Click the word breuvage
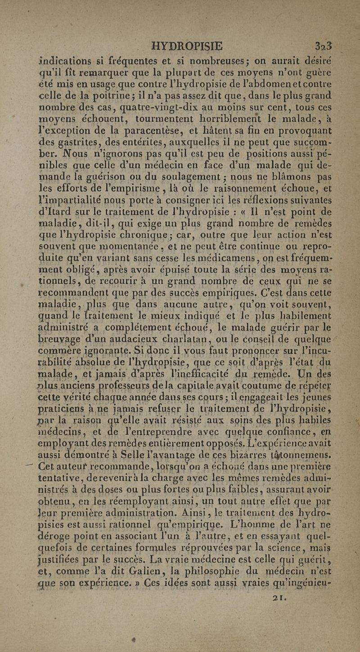[x=59, y=327]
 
